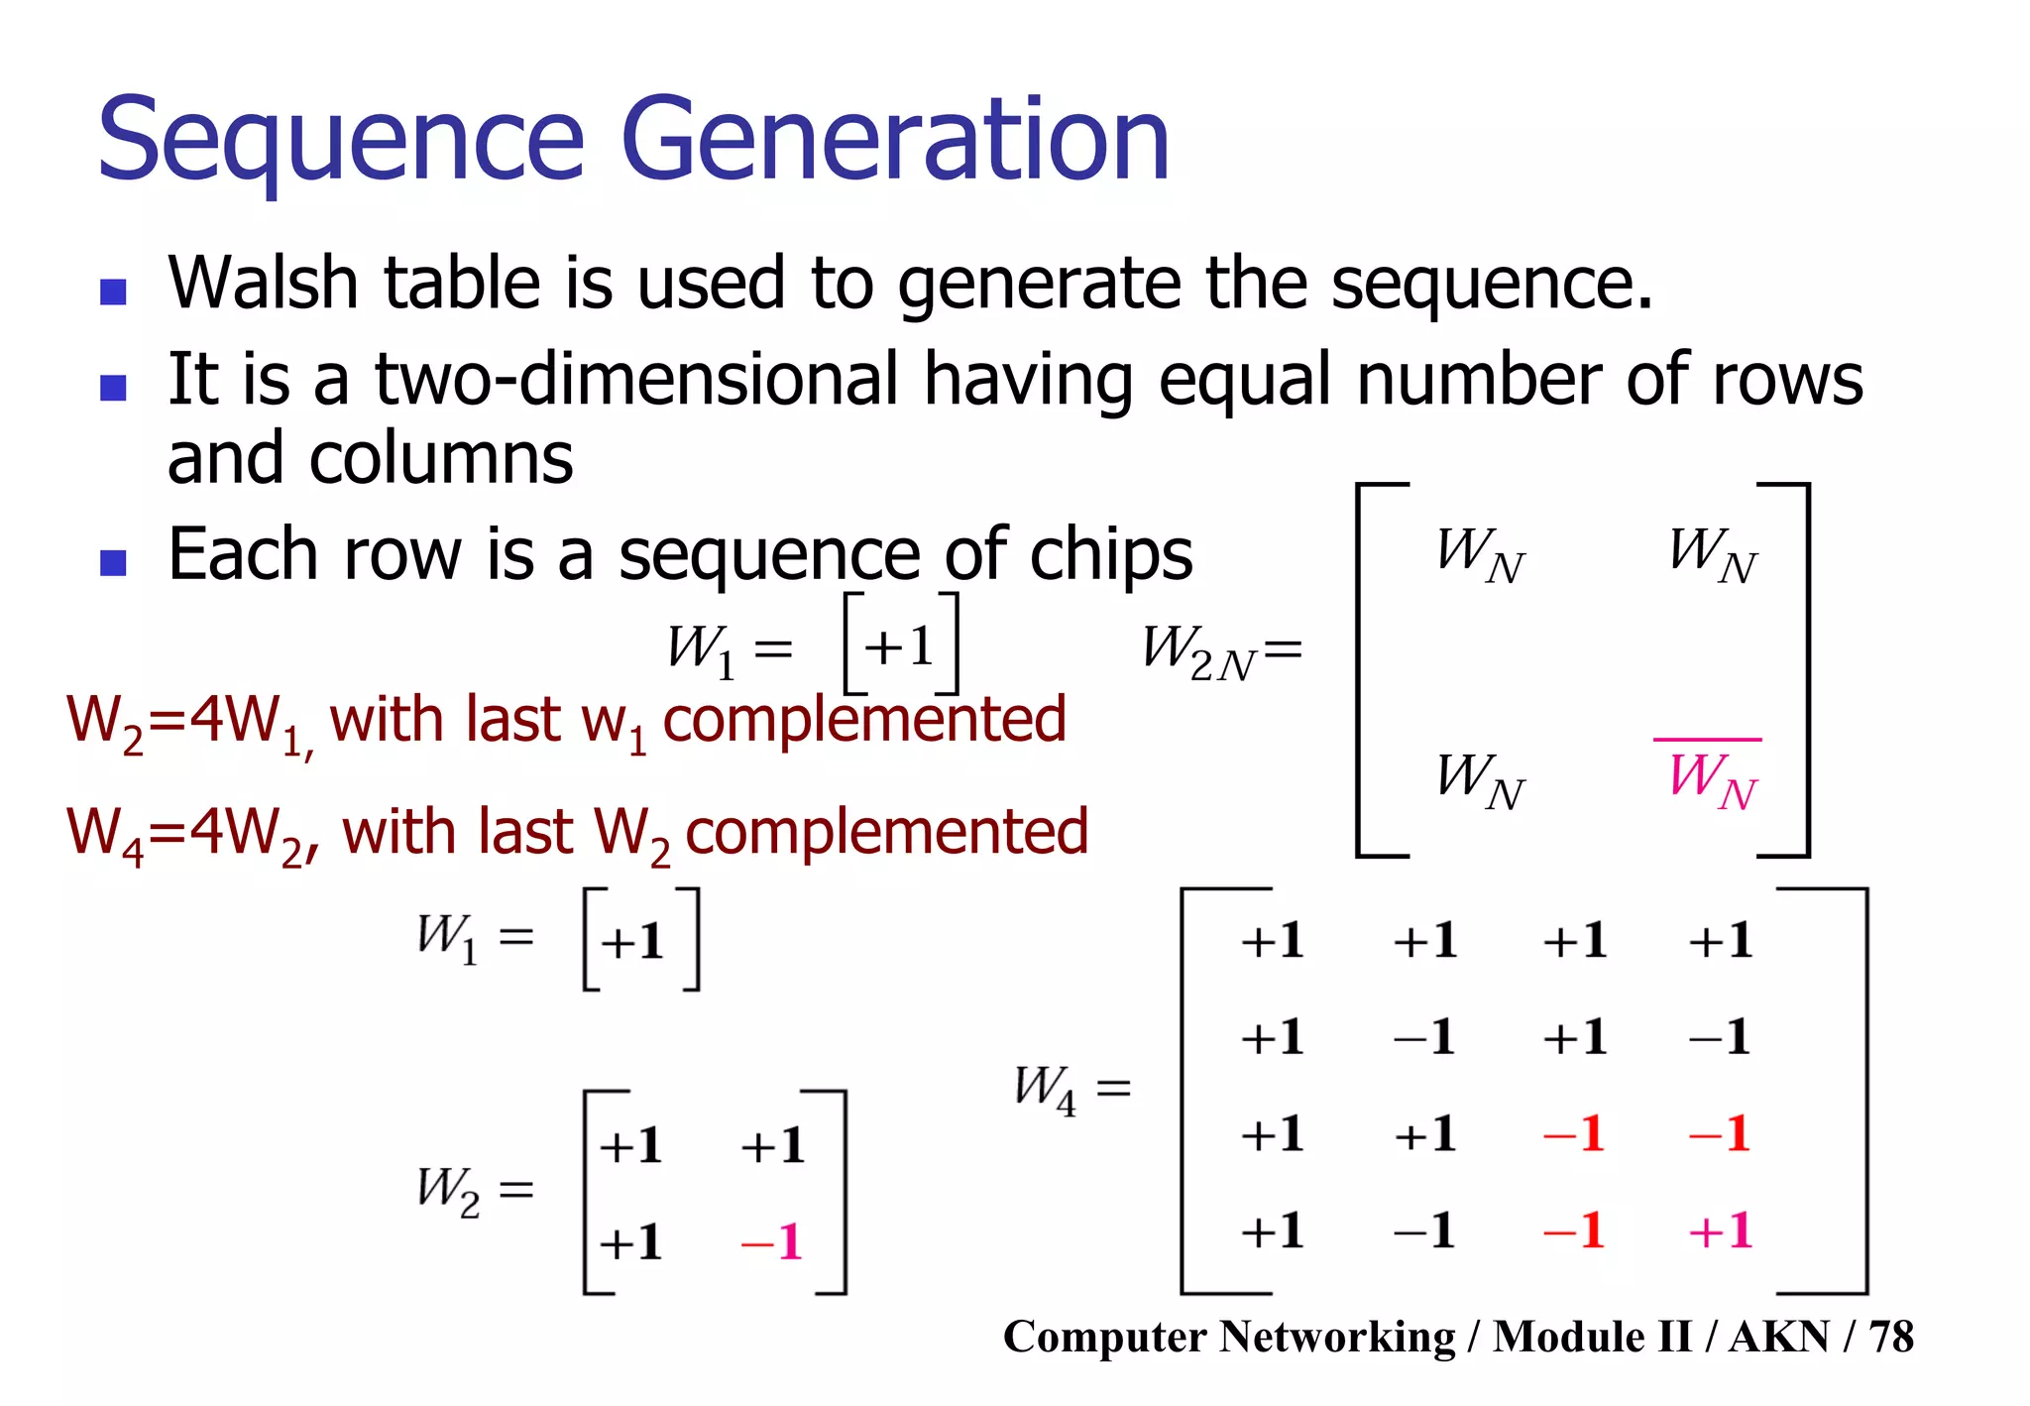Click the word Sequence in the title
(341, 141)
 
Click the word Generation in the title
(895, 141)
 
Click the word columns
(440, 458)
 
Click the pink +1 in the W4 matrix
(1721, 1231)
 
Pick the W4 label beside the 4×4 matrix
(1045, 1088)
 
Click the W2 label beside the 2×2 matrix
(448, 1189)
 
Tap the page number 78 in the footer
(1891, 1337)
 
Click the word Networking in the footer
(1337, 1337)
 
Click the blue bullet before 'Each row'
(114, 562)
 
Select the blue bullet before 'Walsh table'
(114, 292)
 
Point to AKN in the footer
(1778, 1337)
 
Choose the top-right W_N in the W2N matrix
(1712, 553)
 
